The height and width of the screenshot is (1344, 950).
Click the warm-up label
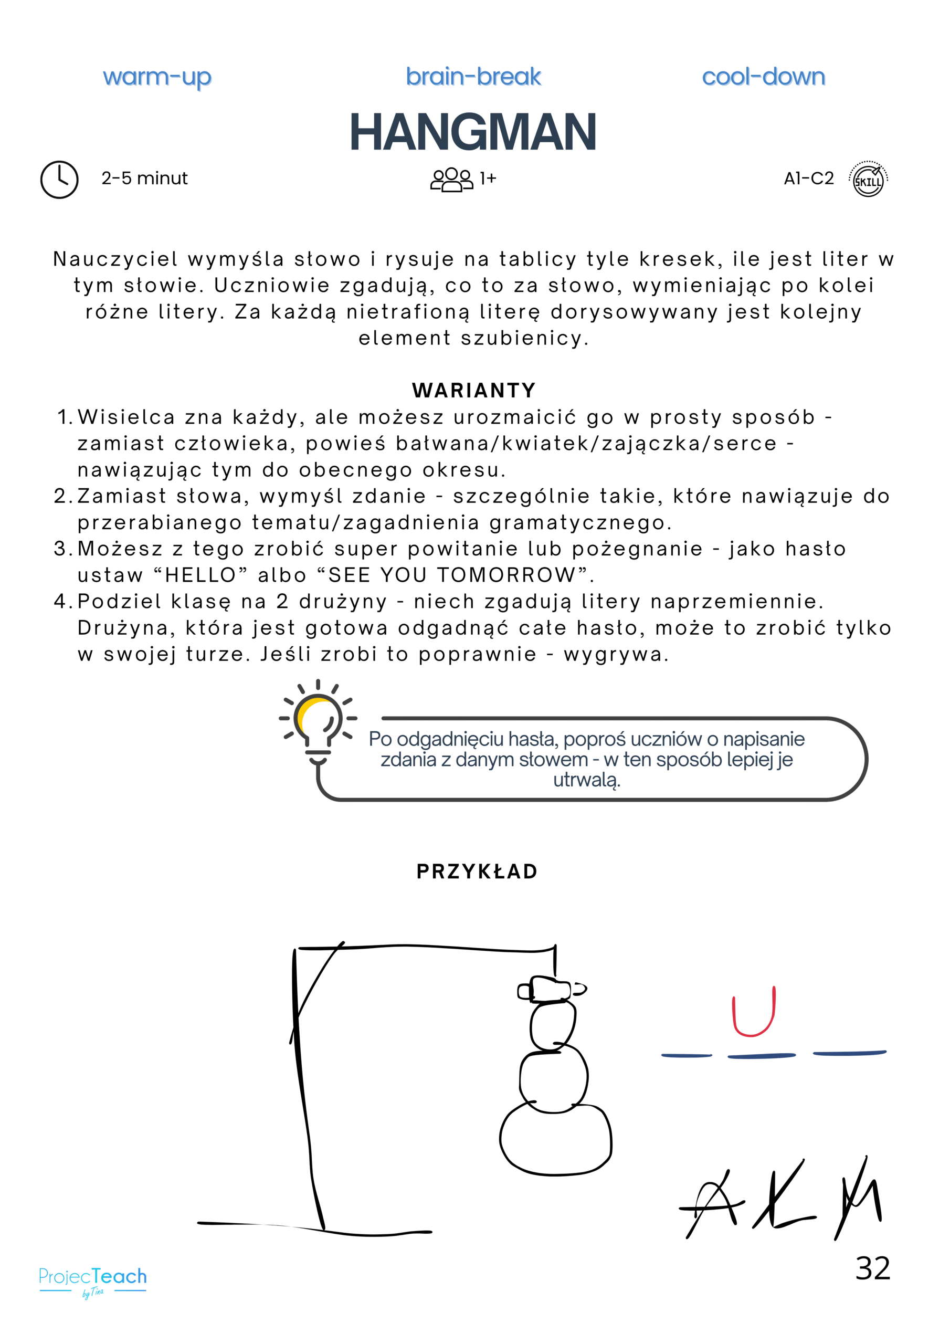(x=157, y=77)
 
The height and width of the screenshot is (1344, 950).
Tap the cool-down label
(x=763, y=76)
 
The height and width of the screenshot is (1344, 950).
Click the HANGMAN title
(x=473, y=132)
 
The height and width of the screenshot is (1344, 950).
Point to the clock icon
(x=59, y=179)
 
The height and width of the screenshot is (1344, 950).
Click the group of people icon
(x=451, y=179)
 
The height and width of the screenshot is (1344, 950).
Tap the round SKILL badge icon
(x=868, y=179)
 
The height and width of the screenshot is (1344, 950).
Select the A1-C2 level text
(x=808, y=178)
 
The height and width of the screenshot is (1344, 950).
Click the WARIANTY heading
(x=474, y=390)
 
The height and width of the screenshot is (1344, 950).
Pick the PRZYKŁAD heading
(x=477, y=871)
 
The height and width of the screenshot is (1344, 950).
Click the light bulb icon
(x=318, y=722)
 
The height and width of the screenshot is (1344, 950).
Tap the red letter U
(x=754, y=1011)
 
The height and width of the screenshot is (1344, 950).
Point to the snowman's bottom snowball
(x=555, y=1137)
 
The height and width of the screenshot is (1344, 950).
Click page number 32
(x=872, y=1268)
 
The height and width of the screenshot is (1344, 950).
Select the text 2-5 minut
(x=144, y=178)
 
